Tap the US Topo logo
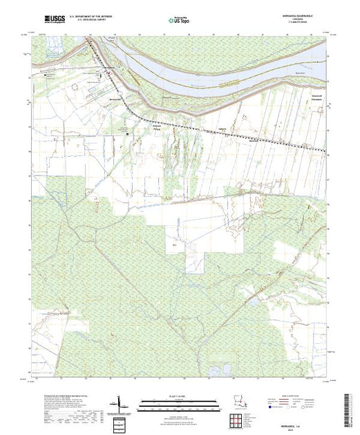(179, 21)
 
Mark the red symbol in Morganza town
(106, 73)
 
